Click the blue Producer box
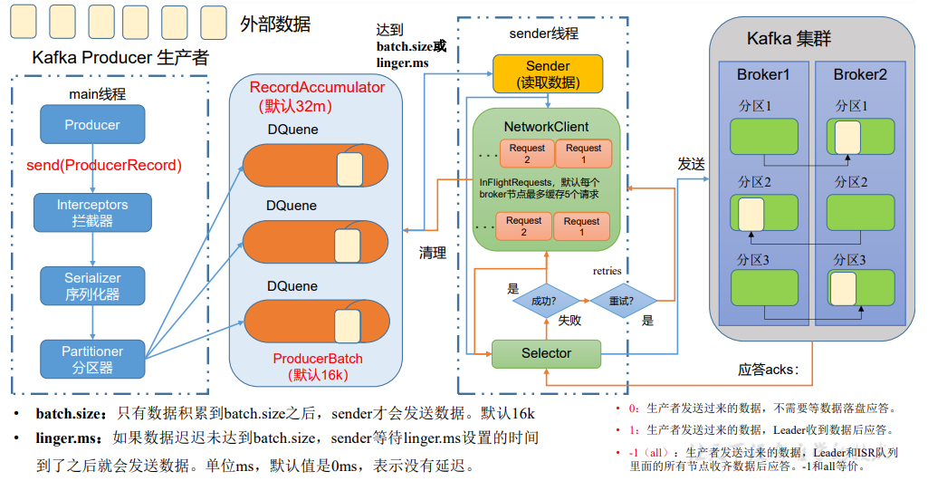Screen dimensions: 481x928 point(92,125)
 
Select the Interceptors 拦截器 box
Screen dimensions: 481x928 point(92,212)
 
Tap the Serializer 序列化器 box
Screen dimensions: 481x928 point(92,285)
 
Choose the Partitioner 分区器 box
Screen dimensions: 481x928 point(92,359)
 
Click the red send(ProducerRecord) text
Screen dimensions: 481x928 point(104,166)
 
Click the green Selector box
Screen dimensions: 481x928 point(546,353)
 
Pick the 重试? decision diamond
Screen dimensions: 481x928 point(623,298)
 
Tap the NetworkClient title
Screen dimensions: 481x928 point(546,127)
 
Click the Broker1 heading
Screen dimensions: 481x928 point(763,74)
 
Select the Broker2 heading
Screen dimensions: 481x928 point(860,74)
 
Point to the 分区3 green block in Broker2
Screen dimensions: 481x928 point(860,287)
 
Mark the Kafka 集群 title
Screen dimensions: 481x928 point(789,39)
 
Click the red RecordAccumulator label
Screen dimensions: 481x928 point(317,88)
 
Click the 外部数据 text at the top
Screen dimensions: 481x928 point(275,24)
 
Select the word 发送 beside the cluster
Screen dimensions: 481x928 point(691,164)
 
